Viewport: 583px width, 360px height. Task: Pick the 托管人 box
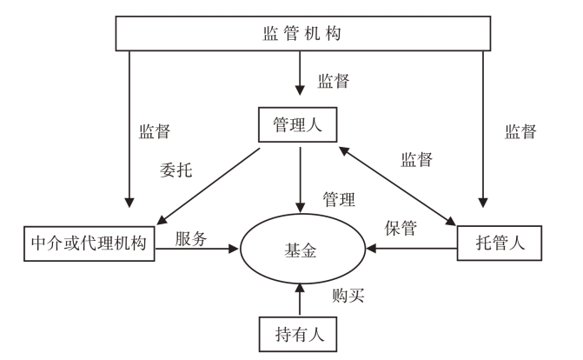pos(498,243)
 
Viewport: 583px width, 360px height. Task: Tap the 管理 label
pos(338,199)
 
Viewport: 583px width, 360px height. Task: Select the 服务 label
pos(190,237)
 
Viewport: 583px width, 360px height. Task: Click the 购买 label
pos(348,294)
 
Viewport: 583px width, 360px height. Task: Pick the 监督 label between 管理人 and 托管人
pos(417,160)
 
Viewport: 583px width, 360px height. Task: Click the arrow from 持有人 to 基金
pos(299,299)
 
